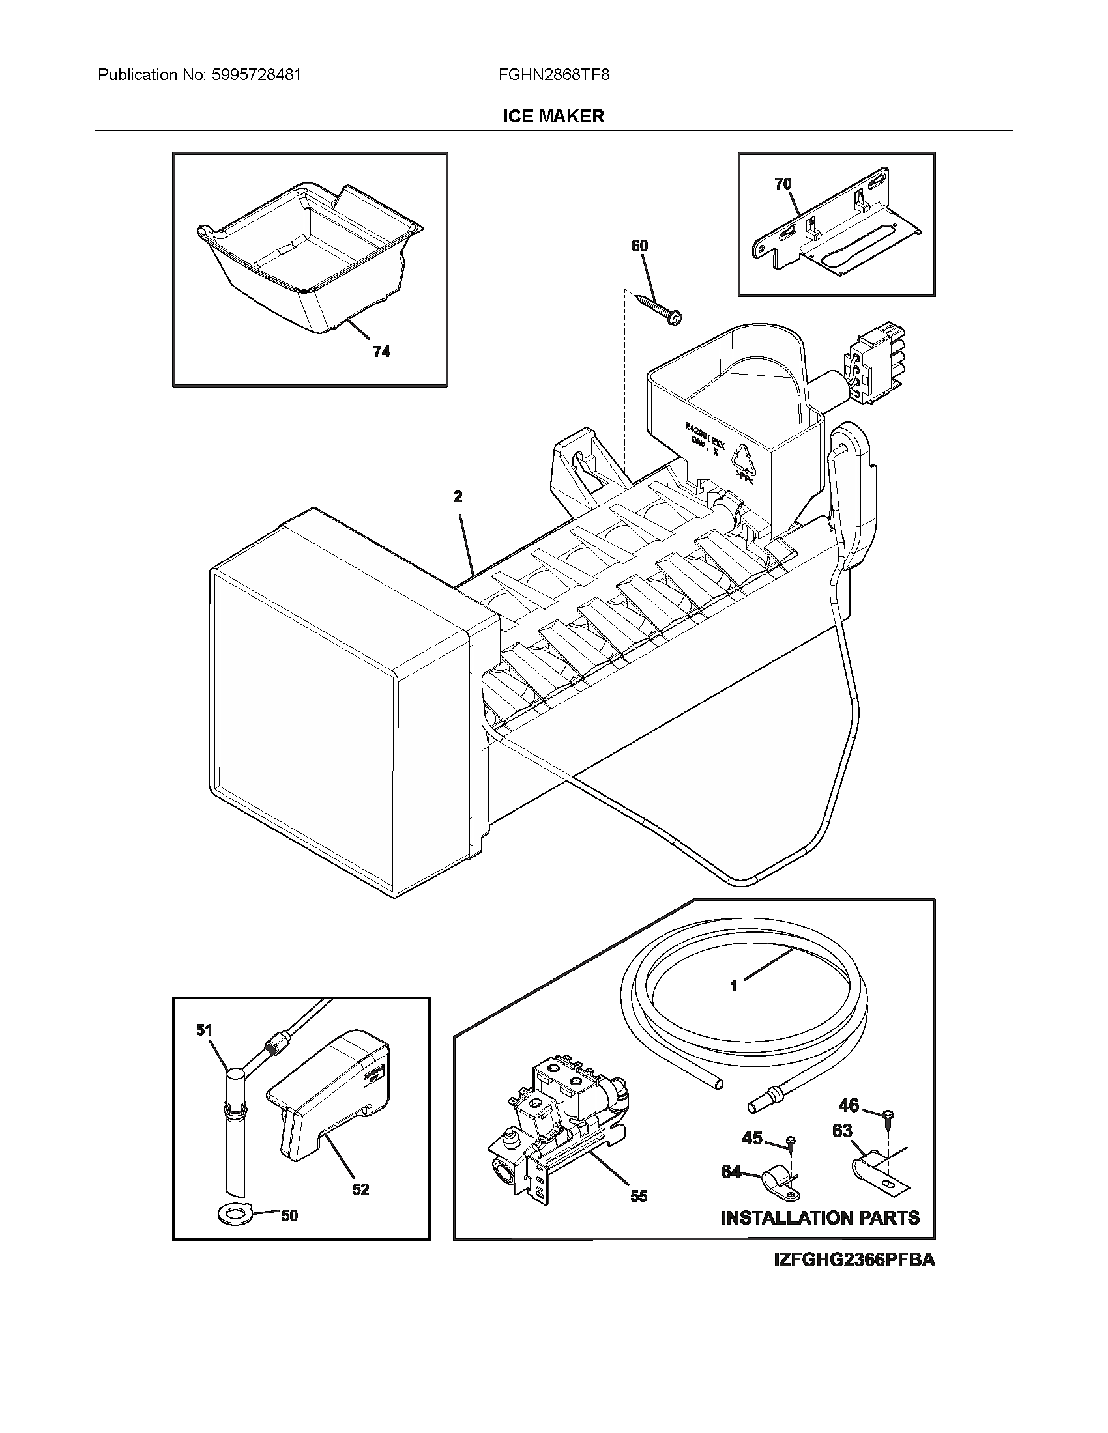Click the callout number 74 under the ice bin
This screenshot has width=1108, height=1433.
pyautogui.click(x=381, y=352)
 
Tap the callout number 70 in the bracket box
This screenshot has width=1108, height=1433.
pyautogui.click(x=783, y=184)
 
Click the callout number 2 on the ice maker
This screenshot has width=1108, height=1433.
pyautogui.click(x=458, y=497)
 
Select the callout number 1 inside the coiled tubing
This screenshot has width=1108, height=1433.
pyautogui.click(x=734, y=1004)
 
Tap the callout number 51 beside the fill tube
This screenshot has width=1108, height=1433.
pyautogui.click(x=205, y=1030)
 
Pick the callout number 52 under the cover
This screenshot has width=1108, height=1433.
pyautogui.click(x=360, y=1189)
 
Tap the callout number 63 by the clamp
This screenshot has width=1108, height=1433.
pyautogui.click(x=842, y=1131)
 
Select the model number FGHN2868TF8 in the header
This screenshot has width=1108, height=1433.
pyautogui.click(x=553, y=75)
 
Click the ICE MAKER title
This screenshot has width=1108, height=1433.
pyautogui.click(x=553, y=117)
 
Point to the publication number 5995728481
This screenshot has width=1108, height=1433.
pyautogui.click(x=256, y=75)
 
